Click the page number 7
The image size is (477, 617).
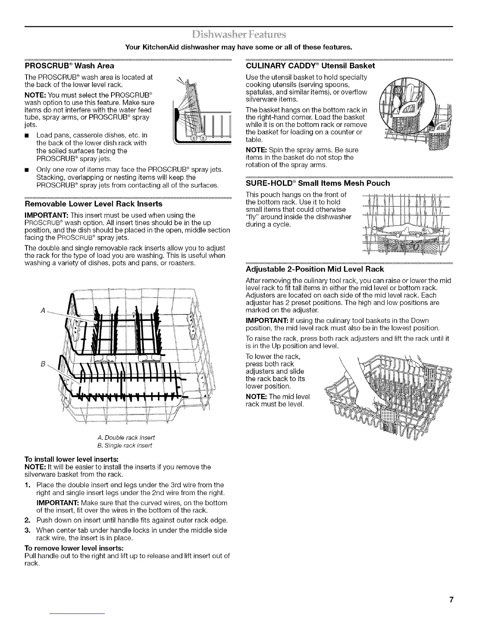[450, 599]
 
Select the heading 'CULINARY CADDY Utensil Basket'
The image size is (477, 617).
[310, 65]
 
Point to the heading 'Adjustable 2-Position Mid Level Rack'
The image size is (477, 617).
[315, 269]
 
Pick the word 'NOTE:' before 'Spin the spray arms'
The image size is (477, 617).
[256, 150]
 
